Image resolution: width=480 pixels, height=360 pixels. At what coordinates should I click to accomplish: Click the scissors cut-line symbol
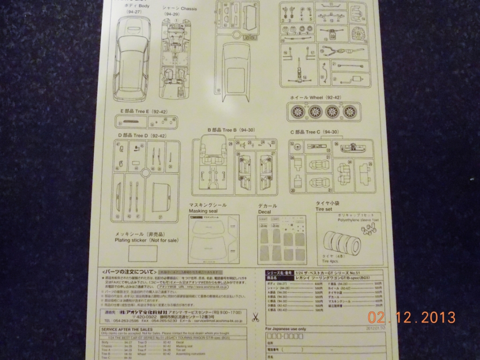(255, 317)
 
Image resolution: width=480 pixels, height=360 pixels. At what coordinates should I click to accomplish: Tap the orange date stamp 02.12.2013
(411, 318)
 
